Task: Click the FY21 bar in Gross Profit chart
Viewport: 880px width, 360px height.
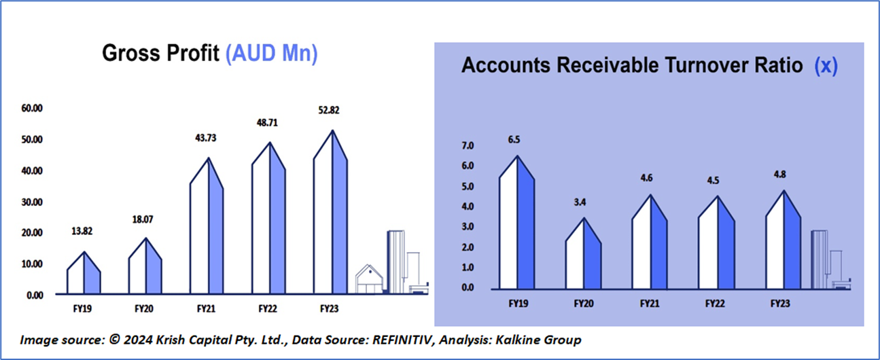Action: [x=207, y=231]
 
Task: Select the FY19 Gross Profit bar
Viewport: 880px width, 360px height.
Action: [x=84, y=275]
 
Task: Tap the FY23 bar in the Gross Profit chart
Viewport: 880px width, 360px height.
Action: [x=331, y=217]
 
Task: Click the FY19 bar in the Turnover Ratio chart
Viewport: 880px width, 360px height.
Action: [x=517, y=224]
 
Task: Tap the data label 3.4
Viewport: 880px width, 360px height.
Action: [x=583, y=201]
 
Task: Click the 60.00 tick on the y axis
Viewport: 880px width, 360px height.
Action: [x=31, y=108]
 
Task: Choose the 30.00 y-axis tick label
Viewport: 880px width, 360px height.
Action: [x=31, y=202]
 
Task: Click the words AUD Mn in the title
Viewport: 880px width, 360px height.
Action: [x=271, y=54]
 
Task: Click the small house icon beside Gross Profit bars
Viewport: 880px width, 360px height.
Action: [x=370, y=279]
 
